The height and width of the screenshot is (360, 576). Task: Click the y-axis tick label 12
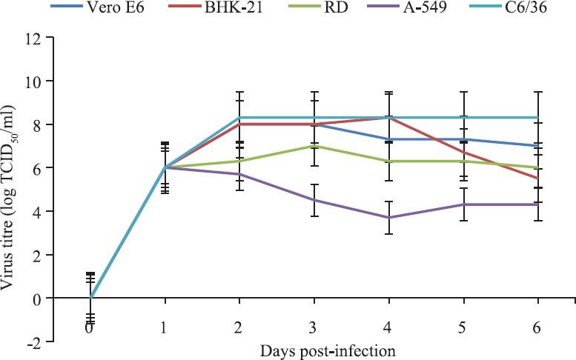[x=65, y=38]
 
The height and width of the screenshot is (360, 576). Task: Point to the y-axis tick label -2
[x=65, y=341]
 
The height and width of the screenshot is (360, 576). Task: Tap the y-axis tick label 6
[x=69, y=168]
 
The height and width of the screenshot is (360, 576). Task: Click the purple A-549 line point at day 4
[x=388, y=217]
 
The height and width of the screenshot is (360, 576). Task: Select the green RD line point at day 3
[x=314, y=146]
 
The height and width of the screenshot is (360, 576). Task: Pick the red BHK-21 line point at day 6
[x=538, y=179]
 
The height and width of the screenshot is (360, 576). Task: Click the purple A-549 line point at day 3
[x=314, y=200]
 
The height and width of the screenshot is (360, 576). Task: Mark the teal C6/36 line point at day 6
[x=538, y=118]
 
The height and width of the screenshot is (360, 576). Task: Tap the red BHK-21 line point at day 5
[x=463, y=153]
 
